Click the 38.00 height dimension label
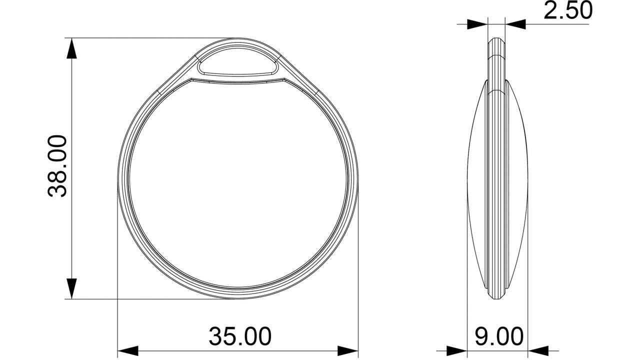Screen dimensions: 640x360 click(57, 166)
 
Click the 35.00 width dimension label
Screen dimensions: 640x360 click(240, 336)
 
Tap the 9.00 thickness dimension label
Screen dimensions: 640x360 click(499, 336)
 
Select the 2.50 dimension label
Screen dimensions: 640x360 click(567, 10)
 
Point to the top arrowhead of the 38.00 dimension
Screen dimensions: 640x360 click(71, 48)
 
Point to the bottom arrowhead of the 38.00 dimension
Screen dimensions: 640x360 click(71, 288)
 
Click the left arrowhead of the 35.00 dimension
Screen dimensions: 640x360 click(128, 351)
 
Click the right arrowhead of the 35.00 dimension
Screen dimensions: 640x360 click(347, 351)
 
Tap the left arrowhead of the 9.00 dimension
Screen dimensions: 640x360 click(456, 351)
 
